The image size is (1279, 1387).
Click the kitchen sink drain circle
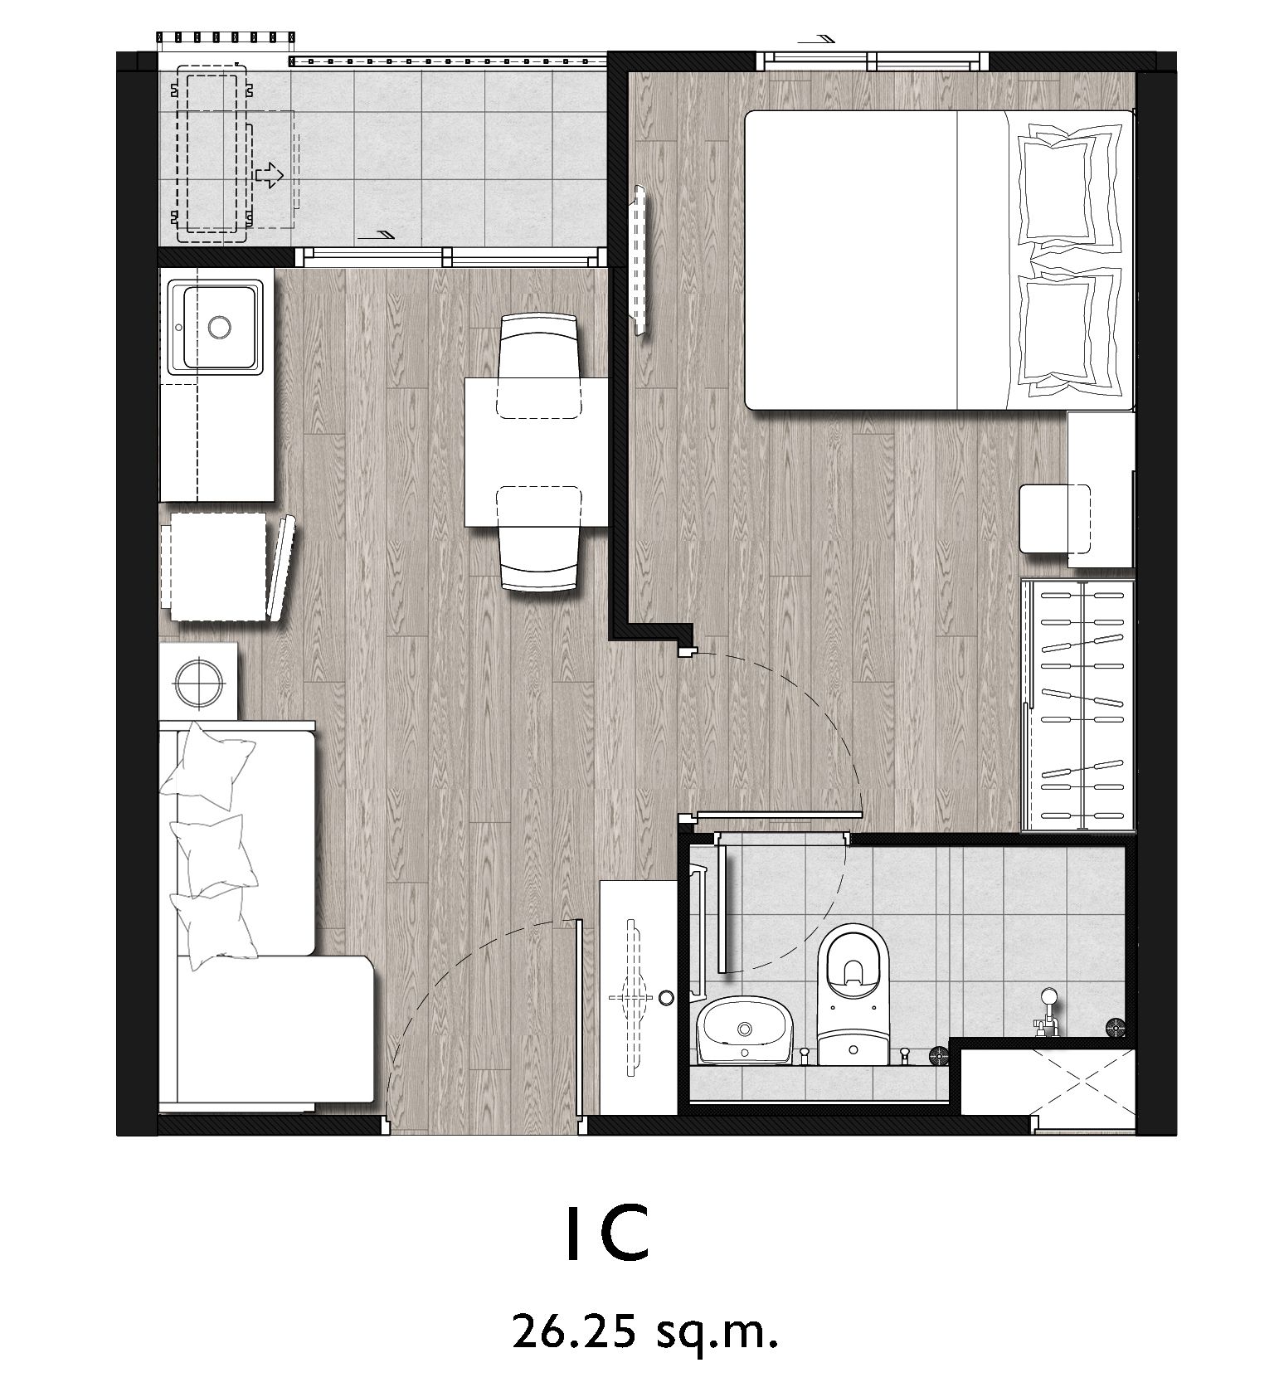(219, 327)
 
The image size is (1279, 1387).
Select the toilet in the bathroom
(852, 1000)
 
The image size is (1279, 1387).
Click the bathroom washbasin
(744, 1030)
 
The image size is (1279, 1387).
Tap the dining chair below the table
(538, 538)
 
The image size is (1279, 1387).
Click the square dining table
(536, 451)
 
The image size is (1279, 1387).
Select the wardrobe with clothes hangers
(1077, 704)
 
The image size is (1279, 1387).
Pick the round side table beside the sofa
(199, 681)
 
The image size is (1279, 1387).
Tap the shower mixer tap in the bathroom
(1048, 1012)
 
